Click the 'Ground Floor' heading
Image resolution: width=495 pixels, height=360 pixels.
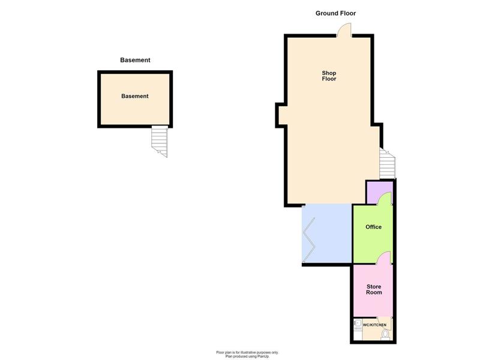[335, 13]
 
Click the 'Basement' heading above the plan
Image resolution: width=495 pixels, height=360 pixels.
[135, 60]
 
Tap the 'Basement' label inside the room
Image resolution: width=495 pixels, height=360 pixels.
[135, 96]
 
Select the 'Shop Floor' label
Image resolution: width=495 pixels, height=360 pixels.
[329, 76]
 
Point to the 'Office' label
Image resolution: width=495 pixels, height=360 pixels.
[373, 227]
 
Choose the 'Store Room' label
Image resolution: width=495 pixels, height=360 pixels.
[374, 289]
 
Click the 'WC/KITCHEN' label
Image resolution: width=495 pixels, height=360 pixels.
[374, 325]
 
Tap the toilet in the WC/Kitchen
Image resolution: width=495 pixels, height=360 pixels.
[385, 335]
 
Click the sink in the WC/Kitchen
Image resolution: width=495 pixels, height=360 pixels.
[358, 323]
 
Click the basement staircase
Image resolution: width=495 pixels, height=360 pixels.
[160, 141]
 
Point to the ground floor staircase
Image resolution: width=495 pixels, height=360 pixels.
[388, 164]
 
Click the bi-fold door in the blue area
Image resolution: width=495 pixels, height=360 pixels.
[309, 239]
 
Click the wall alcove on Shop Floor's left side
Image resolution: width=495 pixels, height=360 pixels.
[281, 115]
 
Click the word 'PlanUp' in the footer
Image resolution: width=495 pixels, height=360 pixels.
[263, 356]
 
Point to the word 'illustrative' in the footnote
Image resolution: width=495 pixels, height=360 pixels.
[248, 352]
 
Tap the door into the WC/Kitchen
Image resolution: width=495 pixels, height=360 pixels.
[385, 320]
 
